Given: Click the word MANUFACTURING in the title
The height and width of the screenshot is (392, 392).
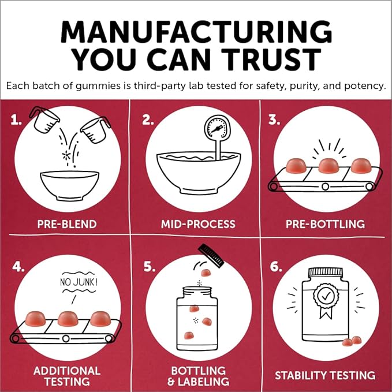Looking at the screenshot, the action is pyautogui.click(x=196, y=32).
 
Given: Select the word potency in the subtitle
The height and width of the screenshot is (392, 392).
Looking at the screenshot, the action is pyautogui.click(x=364, y=86).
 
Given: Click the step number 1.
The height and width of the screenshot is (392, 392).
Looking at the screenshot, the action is pyautogui.click(x=16, y=120).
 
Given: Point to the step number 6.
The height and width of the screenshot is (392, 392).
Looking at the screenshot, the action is pyautogui.click(x=276, y=267).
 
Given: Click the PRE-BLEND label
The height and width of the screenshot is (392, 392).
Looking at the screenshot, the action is pyautogui.click(x=67, y=224).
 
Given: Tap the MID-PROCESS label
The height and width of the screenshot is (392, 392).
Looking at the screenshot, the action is pyautogui.click(x=198, y=224).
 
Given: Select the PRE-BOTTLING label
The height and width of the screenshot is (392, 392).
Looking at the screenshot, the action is pyautogui.click(x=325, y=224).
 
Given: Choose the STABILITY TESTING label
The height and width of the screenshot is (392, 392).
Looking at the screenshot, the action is pyautogui.click(x=325, y=375).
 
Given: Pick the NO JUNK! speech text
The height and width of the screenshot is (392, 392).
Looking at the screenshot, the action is pyautogui.click(x=79, y=282).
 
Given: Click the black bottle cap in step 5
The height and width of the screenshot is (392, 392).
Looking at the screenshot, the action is pyautogui.click(x=211, y=256).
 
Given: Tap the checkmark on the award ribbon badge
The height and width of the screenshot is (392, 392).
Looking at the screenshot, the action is pyautogui.click(x=326, y=297).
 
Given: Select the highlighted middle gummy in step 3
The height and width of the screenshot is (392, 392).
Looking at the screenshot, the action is pyautogui.click(x=328, y=166).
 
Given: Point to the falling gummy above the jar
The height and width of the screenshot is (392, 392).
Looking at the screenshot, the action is pyautogui.click(x=206, y=272).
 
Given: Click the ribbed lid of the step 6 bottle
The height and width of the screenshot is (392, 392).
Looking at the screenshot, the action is pyautogui.click(x=325, y=272).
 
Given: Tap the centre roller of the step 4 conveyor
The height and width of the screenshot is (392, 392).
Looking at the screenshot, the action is pyautogui.click(x=66, y=339).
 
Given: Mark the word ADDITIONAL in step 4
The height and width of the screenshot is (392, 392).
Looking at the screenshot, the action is pyautogui.click(x=67, y=371).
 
